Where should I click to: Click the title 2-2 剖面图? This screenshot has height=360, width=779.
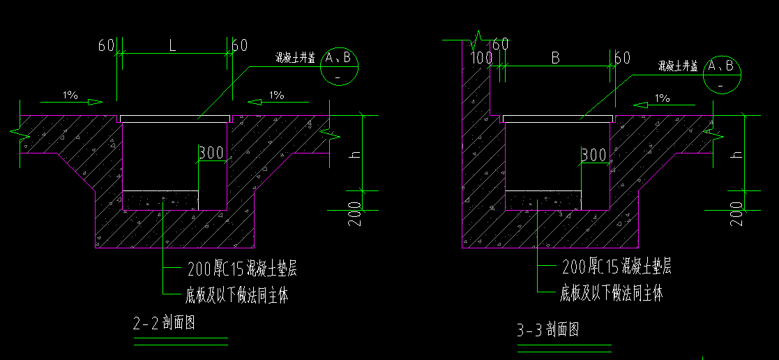(x=162, y=323)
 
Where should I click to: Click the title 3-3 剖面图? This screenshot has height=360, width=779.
(x=547, y=329)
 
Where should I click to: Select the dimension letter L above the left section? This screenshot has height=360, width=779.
(x=172, y=46)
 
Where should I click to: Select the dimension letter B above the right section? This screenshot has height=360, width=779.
(x=556, y=58)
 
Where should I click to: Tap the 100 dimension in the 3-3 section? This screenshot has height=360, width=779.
(x=481, y=58)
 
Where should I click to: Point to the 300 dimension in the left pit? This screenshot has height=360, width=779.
(x=211, y=152)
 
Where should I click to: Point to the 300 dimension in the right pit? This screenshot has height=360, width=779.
(x=593, y=155)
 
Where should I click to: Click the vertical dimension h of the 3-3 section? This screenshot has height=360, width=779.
(x=737, y=150)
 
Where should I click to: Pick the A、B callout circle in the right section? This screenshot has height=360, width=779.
(x=721, y=73)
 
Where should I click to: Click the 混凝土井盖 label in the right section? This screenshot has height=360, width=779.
(x=678, y=66)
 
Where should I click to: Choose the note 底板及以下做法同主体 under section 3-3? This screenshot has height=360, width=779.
(x=611, y=293)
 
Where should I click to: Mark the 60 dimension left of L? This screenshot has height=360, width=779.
(x=106, y=46)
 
